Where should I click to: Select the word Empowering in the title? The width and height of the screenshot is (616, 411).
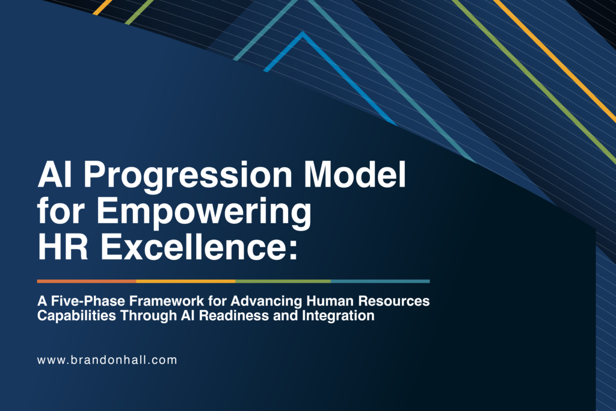click(204, 213)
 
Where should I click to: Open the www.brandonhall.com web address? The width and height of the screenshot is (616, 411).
click(107, 360)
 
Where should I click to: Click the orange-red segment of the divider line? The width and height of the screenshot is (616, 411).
click(87, 282)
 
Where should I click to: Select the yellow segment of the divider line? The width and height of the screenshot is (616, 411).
click(186, 282)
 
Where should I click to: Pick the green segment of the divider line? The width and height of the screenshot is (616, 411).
click(283, 282)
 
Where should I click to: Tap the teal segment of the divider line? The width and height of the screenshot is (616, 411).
click(380, 282)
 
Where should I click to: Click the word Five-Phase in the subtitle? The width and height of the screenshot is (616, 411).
click(88, 301)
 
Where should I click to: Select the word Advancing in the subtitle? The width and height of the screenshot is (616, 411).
click(266, 301)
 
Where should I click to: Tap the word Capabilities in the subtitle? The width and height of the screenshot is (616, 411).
click(76, 316)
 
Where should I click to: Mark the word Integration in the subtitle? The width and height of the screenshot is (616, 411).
click(338, 316)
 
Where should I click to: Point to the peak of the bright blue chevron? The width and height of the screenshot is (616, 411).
click(303, 33)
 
